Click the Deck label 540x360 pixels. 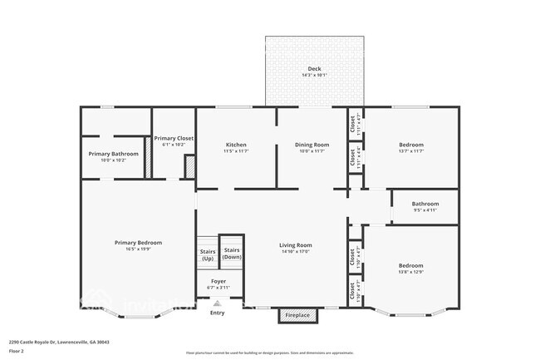point(314,69)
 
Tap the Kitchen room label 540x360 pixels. point(235,145)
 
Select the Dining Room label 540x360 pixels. point(312,145)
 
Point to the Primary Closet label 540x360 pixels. point(174,138)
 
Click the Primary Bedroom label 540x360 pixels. point(138,242)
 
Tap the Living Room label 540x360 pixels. point(295,245)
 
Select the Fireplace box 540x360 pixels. point(297,315)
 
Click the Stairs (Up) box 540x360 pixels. point(207,253)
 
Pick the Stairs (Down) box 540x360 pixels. point(232,253)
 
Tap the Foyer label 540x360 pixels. point(218,282)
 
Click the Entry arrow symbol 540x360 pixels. point(217,303)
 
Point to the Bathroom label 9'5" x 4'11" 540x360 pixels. point(425,204)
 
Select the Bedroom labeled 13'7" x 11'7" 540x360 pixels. point(411,145)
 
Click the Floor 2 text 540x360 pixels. point(17,350)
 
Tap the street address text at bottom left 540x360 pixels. point(59,342)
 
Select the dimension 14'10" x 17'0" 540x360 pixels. point(295,252)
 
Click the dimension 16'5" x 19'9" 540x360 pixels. point(138,249)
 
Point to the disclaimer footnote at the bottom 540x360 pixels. point(269,353)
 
